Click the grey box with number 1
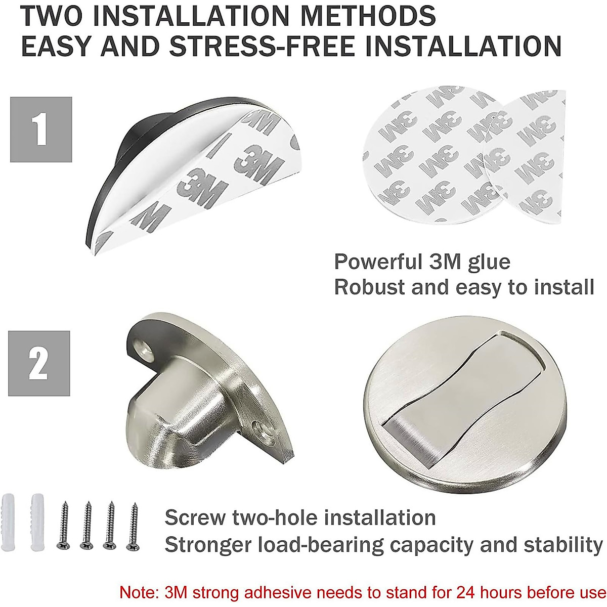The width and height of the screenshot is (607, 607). point(41,129)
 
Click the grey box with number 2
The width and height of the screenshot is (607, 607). point(39,363)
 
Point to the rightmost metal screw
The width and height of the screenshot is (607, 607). point(134,526)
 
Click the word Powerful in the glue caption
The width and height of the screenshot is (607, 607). point(372,262)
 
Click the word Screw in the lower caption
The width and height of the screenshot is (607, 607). point(195,518)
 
